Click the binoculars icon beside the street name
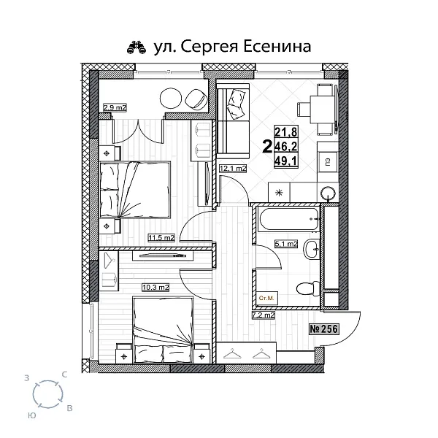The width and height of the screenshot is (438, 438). coord(137,47)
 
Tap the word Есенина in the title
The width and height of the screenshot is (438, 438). coord(274,47)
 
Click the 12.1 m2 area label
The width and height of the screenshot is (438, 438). coord(232,169)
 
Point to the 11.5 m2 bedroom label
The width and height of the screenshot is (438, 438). coord(161,237)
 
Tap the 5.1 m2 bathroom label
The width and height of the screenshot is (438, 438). coord(285,245)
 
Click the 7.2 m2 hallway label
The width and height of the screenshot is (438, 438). coord(262,315)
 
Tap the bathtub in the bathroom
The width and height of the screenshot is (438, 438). coord(288,218)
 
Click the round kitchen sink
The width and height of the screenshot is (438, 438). coord(329,192)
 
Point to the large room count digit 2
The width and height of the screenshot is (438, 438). coord(266,146)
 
